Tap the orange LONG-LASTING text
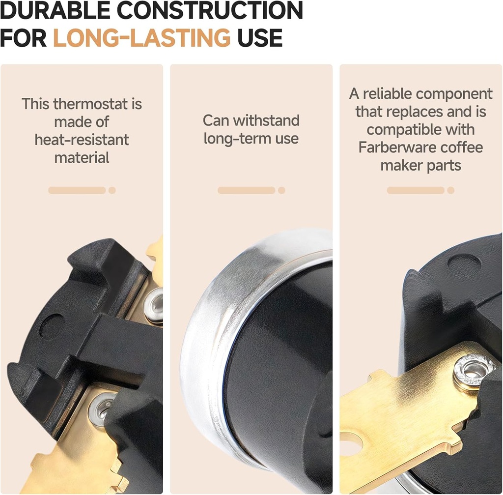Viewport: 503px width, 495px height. coord(142,37)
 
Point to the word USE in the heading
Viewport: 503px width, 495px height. coord(260,37)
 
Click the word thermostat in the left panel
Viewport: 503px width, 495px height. coord(90,104)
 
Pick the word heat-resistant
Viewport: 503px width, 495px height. coord(82,140)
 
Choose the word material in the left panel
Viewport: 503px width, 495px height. coord(82,158)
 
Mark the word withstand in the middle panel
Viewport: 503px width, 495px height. coord(266,121)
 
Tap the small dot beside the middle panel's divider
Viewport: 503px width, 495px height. coord(281,190)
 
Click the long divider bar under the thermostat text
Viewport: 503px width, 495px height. coord(77,190)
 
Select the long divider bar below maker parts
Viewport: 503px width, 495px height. coord(416,190)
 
